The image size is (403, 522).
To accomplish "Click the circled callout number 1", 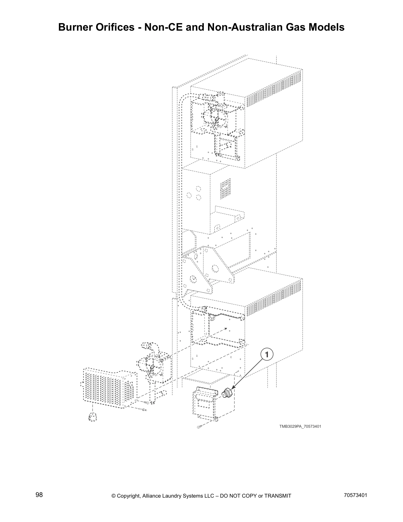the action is pos(267,355).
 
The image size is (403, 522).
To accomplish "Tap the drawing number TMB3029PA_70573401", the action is pos(300,426).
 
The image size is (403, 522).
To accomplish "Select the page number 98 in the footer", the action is pos(39,495).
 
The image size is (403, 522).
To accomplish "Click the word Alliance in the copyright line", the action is pos(153,496).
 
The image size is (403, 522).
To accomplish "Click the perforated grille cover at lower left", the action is pos(109,388).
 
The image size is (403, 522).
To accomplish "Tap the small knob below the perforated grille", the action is pos(92,417).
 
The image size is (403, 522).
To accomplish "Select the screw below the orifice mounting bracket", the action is pos(198,427).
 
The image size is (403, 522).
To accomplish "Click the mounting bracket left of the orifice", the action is pos(206,404).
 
